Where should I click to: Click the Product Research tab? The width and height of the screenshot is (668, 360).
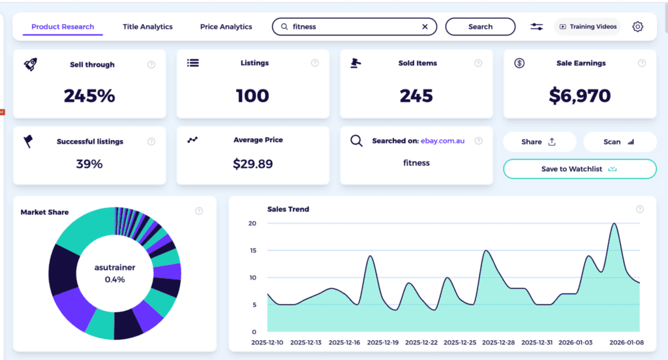tap(63, 27)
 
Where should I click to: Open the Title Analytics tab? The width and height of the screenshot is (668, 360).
tap(147, 27)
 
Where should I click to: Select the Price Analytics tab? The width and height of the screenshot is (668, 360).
tap(226, 27)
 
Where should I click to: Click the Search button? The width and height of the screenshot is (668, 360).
tap(480, 27)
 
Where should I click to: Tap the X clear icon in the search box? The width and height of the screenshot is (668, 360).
tap(425, 27)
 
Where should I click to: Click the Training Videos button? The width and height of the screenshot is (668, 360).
tap(587, 27)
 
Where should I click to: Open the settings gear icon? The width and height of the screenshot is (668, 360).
tap(637, 27)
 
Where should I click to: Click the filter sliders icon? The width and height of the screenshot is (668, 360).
tap(536, 27)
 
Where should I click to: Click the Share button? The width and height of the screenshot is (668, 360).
tap(539, 142)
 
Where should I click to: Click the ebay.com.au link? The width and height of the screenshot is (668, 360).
tap(442, 141)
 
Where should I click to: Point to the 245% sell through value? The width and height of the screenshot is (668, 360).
tap(89, 96)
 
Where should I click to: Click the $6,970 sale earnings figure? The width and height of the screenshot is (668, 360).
tap(579, 96)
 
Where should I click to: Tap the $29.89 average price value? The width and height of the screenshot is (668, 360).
tap(252, 164)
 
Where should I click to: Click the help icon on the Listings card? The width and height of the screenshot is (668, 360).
tap(314, 63)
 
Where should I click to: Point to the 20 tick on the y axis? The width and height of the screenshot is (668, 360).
tap(252, 224)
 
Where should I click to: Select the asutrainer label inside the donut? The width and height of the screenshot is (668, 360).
tap(115, 267)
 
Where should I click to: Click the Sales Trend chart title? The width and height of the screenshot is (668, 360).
tap(288, 209)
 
